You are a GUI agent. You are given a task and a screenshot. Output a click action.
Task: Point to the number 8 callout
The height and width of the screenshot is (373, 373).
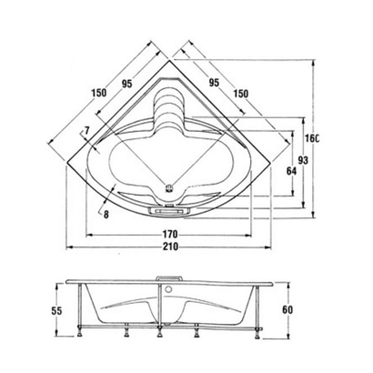tap(106, 215)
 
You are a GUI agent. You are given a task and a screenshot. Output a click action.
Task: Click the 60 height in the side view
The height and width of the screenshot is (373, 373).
tap(288, 310)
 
